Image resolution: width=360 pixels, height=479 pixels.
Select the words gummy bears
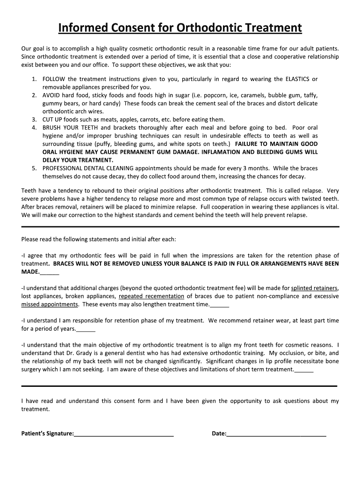60,103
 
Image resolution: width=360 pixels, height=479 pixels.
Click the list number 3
34,119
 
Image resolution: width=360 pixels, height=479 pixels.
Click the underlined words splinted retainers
314,288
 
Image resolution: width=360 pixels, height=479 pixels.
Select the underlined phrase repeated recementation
151,296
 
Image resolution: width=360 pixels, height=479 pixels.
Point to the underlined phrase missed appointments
50,304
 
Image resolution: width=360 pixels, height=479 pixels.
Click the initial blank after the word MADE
50,272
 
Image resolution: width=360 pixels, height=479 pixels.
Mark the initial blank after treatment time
220,305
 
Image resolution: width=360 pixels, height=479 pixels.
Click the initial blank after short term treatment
304,370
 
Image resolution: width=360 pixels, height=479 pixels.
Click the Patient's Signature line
124,434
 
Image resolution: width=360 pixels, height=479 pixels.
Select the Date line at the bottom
276,434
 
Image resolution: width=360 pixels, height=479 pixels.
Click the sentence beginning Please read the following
99,239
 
